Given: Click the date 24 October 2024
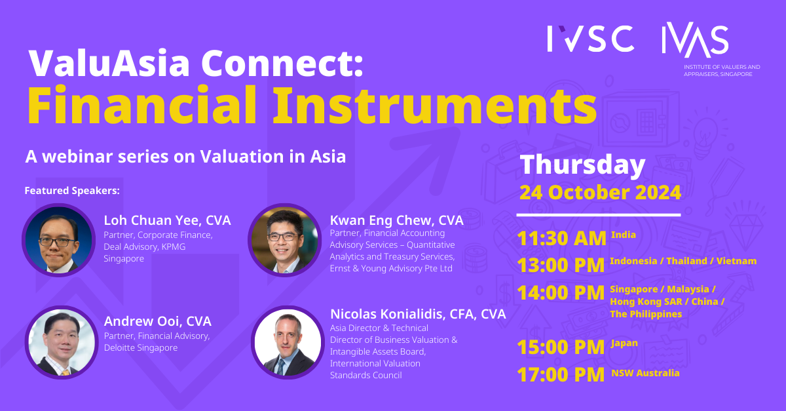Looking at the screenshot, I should [x=600, y=193].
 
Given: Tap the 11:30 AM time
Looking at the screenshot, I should [x=561, y=238].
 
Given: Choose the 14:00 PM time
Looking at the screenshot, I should [x=561, y=292].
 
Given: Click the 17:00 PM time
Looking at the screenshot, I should [x=561, y=374].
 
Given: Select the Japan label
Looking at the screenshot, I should [x=624, y=343].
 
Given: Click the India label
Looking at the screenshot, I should [x=623, y=234].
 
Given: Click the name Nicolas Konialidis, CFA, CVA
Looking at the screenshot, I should [x=418, y=314].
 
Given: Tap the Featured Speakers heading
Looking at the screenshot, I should [x=72, y=191].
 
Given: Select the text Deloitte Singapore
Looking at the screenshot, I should [x=141, y=348].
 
